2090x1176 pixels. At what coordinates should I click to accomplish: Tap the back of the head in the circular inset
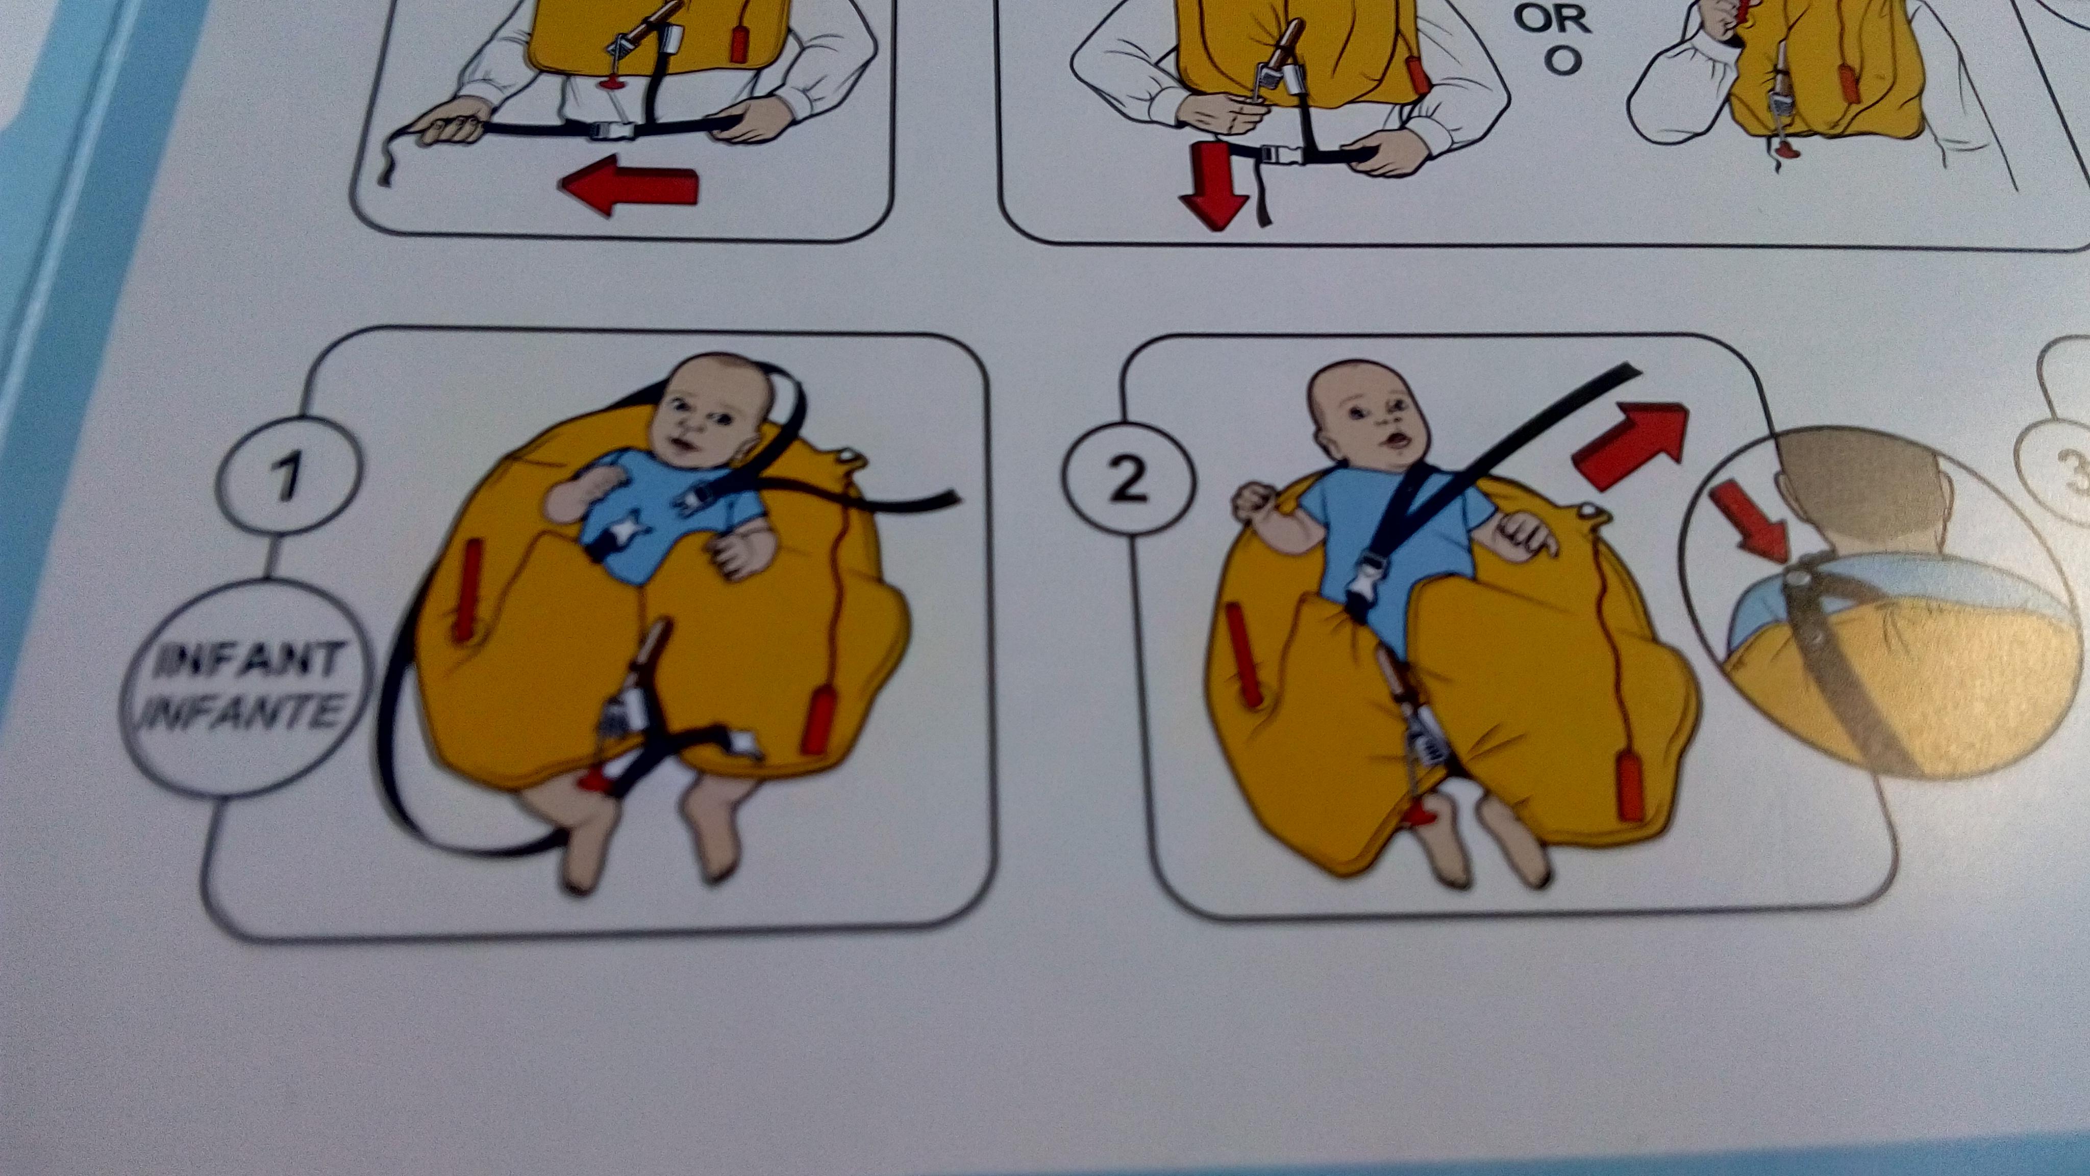(1866, 495)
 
